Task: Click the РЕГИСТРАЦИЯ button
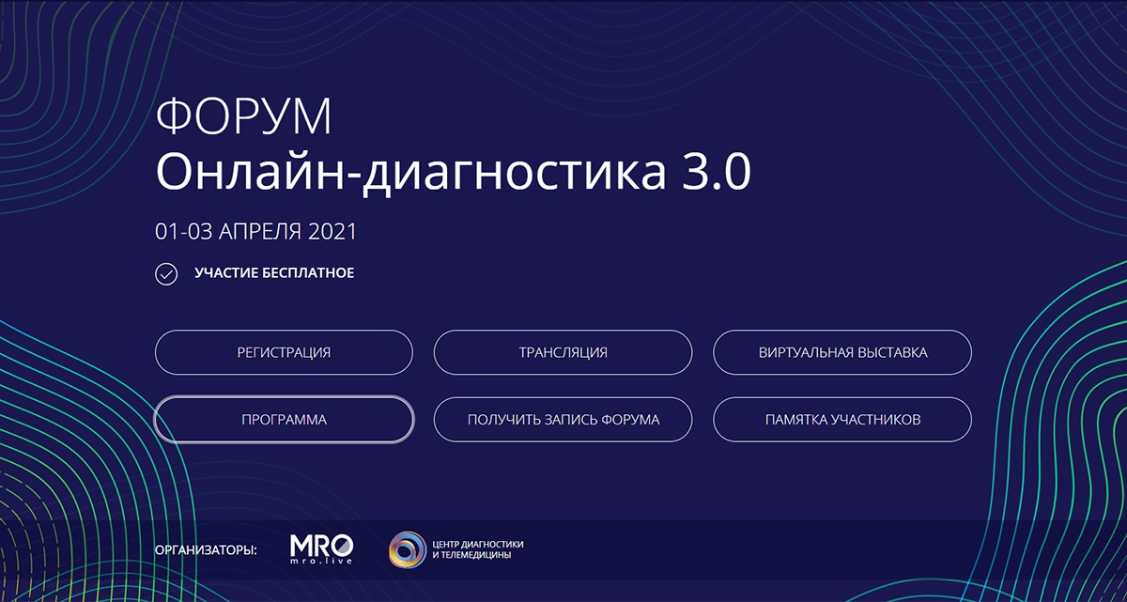click(x=284, y=353)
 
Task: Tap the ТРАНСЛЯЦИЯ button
click(x=563, y=353)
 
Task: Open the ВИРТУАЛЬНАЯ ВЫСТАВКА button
click(x=842, y=353)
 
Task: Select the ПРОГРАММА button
click(x=284, y=420)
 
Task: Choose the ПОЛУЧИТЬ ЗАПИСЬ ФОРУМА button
click(x=563, y=420)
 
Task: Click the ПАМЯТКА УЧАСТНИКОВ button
click(x=842, y=420)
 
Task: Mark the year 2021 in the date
click(x=332, y=230)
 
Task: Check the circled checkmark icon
click(x=166, y=274)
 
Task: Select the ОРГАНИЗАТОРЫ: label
click(x=206, y=548)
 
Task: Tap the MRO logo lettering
click(x=321, y=544)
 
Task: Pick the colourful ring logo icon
click(x=408, y=549)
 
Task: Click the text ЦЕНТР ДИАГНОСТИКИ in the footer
click(x=477, y=544)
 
